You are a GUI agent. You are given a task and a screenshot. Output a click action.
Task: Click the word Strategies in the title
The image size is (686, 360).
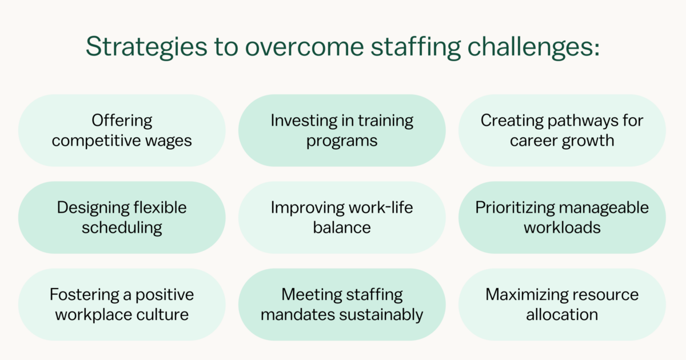[147, 47]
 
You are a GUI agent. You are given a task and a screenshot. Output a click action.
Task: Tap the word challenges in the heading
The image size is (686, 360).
[533, 47]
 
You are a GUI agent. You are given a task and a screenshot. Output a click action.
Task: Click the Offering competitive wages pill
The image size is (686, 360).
[122, 130]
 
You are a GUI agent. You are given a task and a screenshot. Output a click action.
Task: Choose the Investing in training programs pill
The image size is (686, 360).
[342, 130]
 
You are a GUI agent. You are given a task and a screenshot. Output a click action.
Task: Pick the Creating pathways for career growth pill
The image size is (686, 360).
[562, 130]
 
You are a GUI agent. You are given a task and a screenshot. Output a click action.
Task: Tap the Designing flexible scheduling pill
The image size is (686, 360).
[122, 217]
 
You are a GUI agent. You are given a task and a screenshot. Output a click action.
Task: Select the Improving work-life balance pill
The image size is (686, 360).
[342, 217]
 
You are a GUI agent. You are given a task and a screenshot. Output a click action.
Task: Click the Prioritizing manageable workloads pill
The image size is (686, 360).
[562, 217]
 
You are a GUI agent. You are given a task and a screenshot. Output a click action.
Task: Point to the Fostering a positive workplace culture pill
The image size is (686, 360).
[122, 305]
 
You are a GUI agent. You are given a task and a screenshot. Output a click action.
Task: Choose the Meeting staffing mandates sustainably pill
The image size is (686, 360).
[342, 305]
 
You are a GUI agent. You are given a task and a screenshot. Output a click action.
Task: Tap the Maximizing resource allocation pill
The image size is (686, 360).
[562, 305]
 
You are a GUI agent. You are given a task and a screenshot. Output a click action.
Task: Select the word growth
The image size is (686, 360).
[588, 141]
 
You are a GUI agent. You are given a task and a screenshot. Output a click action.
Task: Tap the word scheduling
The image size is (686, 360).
[122, 228]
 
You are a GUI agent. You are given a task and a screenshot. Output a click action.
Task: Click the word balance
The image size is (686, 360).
[342, 227]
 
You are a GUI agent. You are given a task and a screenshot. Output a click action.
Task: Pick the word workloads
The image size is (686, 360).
[562, 227]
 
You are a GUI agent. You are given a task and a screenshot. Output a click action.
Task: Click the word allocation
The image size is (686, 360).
[562, 314]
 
